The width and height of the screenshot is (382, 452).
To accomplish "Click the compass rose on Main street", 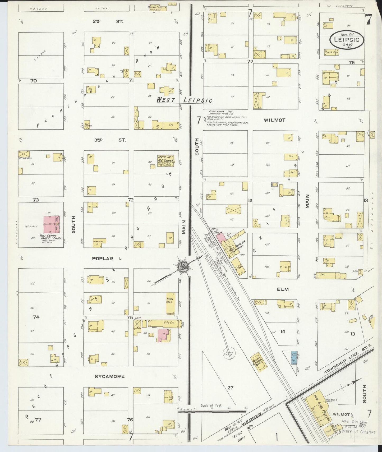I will point(182,266).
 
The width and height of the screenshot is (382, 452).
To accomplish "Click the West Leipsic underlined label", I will point(185,100).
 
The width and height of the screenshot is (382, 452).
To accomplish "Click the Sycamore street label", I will point(109,376).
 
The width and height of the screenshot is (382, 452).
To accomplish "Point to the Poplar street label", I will point(103,259).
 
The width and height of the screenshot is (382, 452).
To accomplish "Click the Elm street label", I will point(283,289).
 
